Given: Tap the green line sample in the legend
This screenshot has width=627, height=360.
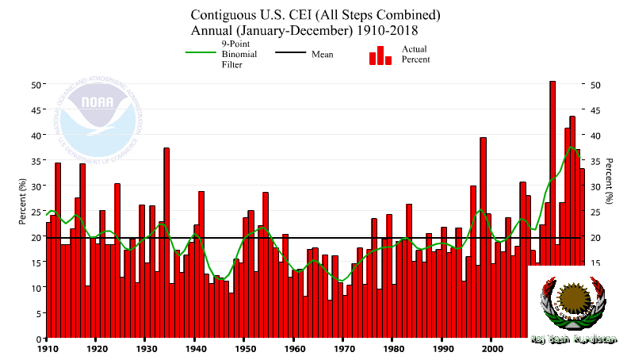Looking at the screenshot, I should [x=201, y=54].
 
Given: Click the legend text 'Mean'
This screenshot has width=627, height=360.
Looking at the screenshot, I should [x=322, y=55].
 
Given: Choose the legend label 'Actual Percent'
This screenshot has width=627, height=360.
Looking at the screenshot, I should [x=415, y=54].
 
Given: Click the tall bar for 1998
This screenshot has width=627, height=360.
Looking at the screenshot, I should [x=483, y=238].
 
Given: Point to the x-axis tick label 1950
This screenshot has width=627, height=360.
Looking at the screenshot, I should [x=245, y=347].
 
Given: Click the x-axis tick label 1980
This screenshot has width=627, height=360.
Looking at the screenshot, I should [x=393, y=347].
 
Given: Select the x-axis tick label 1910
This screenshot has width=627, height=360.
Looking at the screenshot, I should [x=48, y=347].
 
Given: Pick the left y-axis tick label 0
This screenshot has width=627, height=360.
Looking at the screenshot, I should [x=39, y=339].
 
